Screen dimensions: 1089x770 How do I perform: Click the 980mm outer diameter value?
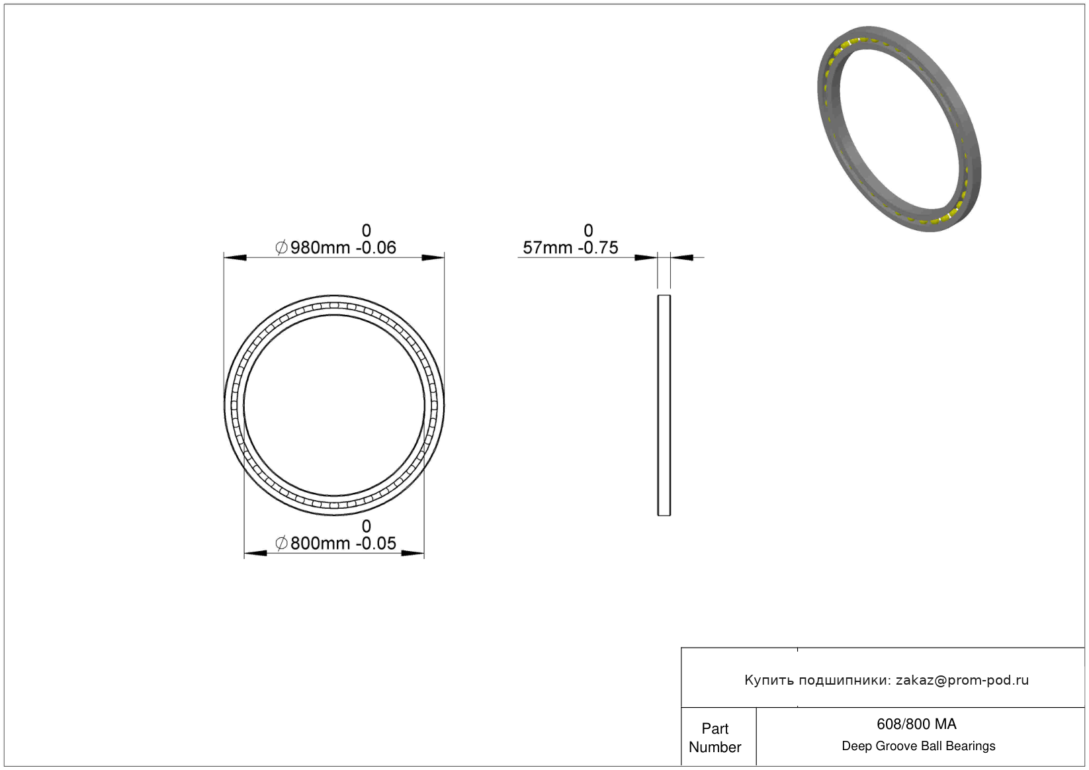click(x=320, y=248)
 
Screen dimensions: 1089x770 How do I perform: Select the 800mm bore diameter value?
click(x=320, y=544)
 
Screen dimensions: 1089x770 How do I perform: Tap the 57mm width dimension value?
click(x=547, y=248)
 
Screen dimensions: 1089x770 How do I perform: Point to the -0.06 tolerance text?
click(x=376, y=248)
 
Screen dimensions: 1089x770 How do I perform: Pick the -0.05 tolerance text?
click(x=376, y=544)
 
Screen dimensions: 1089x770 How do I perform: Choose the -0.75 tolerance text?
click(x=598, y=248)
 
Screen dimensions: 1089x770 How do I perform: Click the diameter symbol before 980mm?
click(x=281, y=247)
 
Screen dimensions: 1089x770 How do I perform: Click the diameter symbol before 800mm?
click(x=281, y=543)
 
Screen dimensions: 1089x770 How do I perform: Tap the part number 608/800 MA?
click(x=916, y=724)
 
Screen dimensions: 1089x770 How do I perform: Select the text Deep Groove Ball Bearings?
click(x=918, y=746)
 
